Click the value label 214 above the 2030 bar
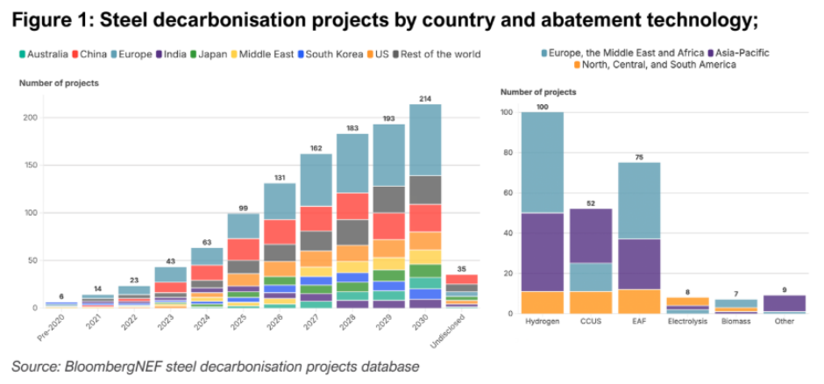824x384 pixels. pos(425,96)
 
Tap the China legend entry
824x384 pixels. pos(93,54)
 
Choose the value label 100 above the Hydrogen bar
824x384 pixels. pos(543,106)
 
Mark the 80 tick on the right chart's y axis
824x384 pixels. pos(507,153)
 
